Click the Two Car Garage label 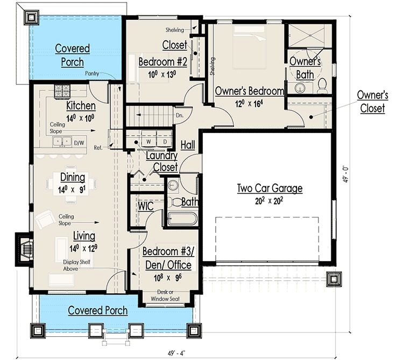pyautogui.click(x=270, y=189)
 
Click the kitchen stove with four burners pyautogui.click(x=62, y=91)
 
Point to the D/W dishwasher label pyautogui.click(x=79, y=143)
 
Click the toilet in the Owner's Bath pyautogui.click(x=322, y=86)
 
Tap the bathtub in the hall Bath pyautogui.click(x=182, y=219)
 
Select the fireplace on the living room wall pyautogui.click(x=25, y=249)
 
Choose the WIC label pyautogui.click(x=146, y=206)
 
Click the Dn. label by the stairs pyautogui.click(x=179, y=116)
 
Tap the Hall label pyautogui.click(x=188, y=145)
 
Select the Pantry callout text pyautogui.click(x=92, y=74)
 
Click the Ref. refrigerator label pyautogui.click(x=98, y=147)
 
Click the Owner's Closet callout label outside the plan pyautogui.click(x=372, y=102)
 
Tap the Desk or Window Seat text pyautogui.click(x=165, y=295)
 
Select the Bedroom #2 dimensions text pyautogui.click(x=162, y=74)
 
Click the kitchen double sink pyautogui.click(x=62, y=141)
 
